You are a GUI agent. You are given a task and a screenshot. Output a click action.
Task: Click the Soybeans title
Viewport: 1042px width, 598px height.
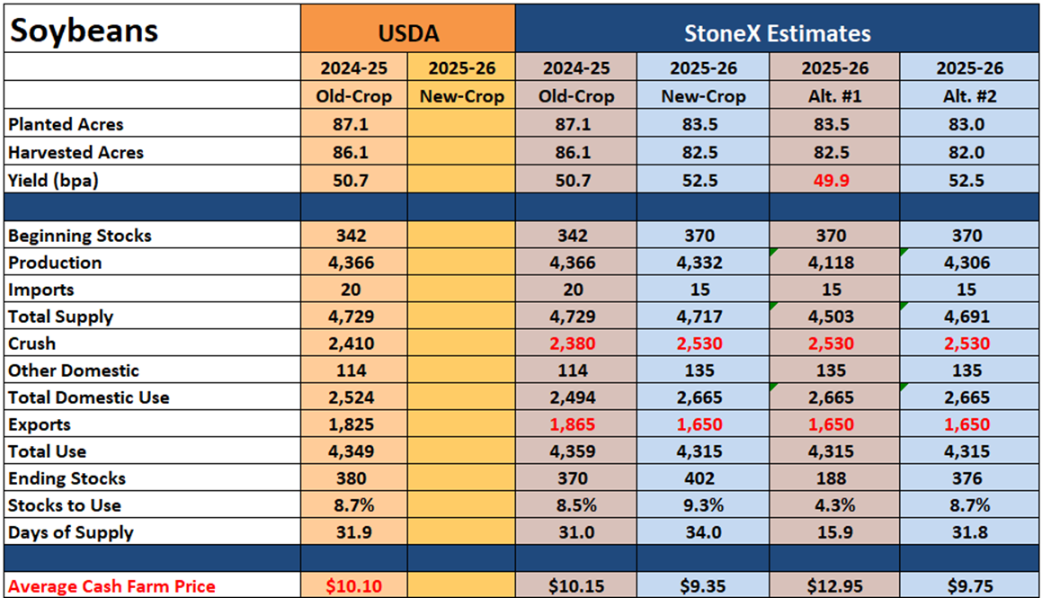point(85,31)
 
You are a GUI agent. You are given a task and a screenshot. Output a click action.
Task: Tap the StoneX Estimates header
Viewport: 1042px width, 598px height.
point(778,33)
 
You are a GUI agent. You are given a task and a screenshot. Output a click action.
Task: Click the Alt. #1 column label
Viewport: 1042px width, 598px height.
point(834,96)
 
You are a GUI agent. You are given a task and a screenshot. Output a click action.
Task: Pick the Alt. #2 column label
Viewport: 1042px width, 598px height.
point(969,96)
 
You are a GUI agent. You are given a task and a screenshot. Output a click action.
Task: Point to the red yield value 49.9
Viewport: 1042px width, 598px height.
point(832,181)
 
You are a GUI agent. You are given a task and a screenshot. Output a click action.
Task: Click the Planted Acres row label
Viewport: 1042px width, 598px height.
point(66,124)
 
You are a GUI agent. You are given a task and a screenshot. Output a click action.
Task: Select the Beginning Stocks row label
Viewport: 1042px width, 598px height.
point(80,236)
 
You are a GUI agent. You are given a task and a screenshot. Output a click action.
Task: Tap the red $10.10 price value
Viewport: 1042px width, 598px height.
point(353,586)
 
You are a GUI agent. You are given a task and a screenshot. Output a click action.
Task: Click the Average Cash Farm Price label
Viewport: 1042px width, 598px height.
point(111,586)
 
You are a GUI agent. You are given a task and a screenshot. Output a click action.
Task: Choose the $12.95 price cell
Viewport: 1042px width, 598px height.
point(834,586)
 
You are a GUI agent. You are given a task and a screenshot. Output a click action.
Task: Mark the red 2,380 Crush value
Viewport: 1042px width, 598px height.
point(572,344)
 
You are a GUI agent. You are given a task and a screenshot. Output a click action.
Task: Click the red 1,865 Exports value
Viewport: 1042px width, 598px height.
point(572,424)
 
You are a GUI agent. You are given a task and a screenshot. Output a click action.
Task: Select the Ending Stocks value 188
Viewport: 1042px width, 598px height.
point(832,478)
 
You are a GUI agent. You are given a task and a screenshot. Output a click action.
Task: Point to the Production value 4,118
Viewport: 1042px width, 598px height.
point(832,263)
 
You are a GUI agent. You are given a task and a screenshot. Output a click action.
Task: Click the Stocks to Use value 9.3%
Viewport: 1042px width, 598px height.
point(703,505)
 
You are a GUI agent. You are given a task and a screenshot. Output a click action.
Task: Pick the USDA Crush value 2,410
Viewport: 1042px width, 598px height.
point(351,344)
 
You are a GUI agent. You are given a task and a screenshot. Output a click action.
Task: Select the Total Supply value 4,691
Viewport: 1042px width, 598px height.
point(966,317)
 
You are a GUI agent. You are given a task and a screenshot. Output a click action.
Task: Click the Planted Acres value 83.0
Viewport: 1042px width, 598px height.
point(966,124)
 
